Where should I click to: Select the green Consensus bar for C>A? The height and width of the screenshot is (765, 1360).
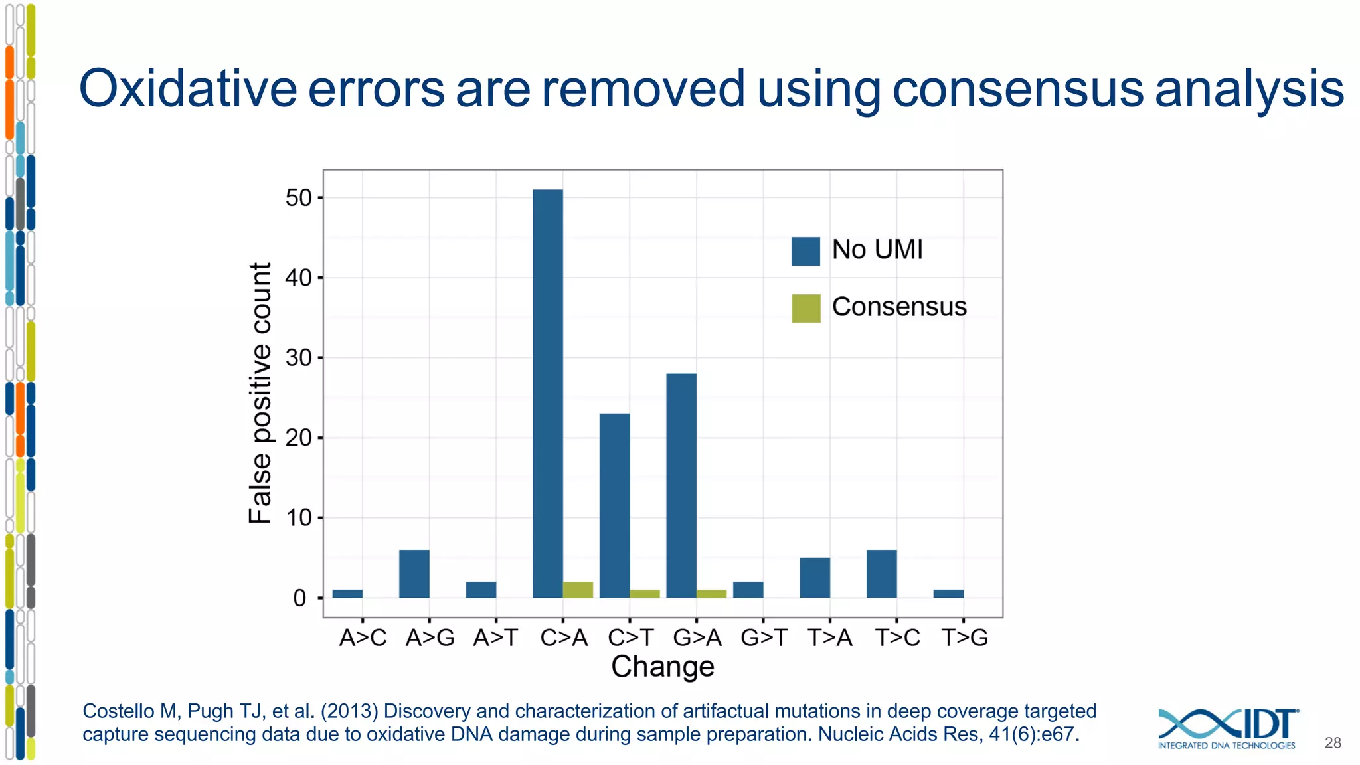(578, 590)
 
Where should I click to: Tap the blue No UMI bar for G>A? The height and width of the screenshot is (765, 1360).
(681, 485)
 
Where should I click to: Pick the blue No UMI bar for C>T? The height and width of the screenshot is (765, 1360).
(614, 505)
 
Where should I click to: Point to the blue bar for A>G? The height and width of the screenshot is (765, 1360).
(414, 574)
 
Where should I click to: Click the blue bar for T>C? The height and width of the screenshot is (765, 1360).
(882, 574)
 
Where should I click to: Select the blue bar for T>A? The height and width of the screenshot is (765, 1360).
(815, 578)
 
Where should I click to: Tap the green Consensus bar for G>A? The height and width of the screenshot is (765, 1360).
(711, 594)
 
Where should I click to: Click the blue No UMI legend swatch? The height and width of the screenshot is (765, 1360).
(806, 251)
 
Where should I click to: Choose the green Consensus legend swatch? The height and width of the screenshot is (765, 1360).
(806, 308)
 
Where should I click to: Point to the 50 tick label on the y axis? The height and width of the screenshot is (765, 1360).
(298, 198)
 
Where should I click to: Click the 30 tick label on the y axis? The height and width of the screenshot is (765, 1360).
(298, 358)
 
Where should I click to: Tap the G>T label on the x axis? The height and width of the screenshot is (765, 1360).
(764, 638)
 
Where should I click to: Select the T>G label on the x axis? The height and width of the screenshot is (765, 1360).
(965, 638)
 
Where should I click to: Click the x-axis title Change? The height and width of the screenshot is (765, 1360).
(663, 667)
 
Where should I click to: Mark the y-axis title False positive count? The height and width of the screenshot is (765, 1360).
(260, 393)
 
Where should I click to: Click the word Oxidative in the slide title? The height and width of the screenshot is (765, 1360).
(188, 89)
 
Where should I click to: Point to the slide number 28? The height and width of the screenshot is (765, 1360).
(1333, 743)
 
